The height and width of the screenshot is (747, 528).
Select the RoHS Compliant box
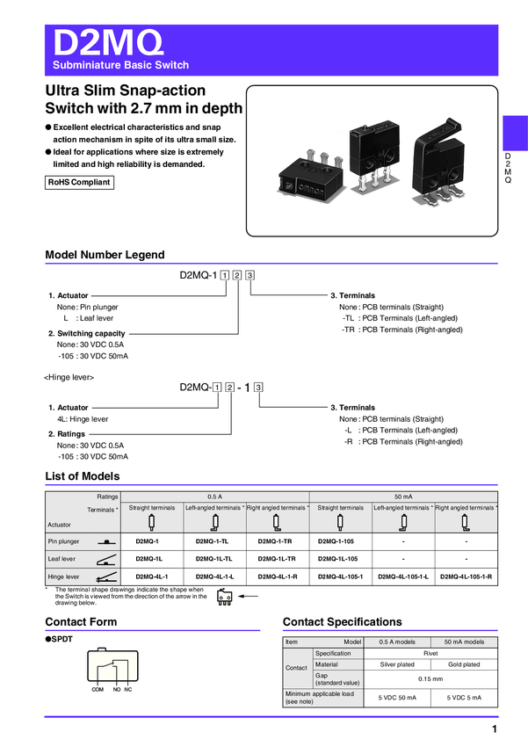tap(79, 183)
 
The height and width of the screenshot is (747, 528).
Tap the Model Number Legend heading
tap(105, 255)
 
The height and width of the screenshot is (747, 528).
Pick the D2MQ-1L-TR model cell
tap(277, 559)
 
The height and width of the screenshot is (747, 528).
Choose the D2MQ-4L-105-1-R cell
tap(465, 577)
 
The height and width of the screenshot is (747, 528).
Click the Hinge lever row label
tap(63, 577)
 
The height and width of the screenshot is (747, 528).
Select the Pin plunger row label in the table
tap(63, 541)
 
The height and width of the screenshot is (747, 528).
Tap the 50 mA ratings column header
tap(403, 497)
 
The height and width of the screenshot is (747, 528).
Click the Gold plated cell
tap(465, 664)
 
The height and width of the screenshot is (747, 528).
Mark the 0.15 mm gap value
tap(430, 678)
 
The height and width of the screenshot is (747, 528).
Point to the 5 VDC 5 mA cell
tap(465, 698)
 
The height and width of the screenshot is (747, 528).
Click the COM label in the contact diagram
tap(98, 689)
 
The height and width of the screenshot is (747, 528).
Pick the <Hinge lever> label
tap(69, 376)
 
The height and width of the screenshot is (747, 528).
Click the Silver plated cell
tap(397, 664)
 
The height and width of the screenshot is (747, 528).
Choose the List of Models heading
tap(83, 476)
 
